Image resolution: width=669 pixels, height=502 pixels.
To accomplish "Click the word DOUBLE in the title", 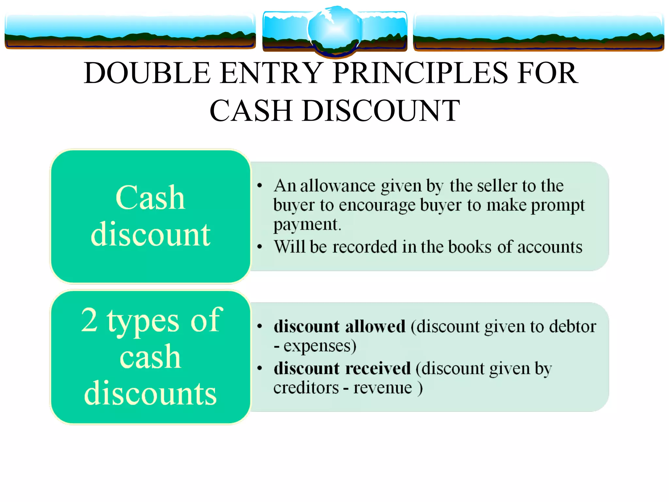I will pos(147,73).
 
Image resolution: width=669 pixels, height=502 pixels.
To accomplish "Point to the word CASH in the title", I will pos(251,111).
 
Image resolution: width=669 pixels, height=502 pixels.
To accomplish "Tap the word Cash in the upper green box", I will pos(150,198).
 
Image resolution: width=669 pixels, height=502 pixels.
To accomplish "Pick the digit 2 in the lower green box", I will pos(89,320).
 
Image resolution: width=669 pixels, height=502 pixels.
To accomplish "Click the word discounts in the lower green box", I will pos(150,393).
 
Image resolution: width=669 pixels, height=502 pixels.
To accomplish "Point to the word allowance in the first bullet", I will pos(338,186).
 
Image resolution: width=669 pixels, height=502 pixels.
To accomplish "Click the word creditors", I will pos(306,388).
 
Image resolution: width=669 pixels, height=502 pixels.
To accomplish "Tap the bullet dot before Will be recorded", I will pos(260,247).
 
